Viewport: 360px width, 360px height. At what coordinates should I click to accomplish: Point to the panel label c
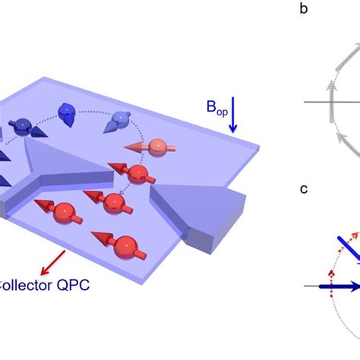tap(305, 188)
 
